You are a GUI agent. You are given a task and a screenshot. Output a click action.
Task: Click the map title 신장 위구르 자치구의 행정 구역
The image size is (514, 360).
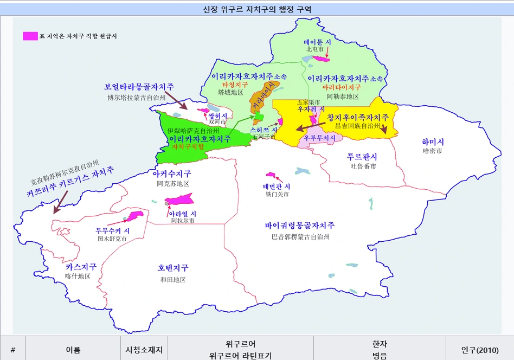pyautogui.click(x=256, y=9)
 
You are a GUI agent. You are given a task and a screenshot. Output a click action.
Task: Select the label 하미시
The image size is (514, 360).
pyautogui.click(x=433, y=142)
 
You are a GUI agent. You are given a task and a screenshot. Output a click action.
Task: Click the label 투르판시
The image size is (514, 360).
pyautogui.click(x=362, y=157)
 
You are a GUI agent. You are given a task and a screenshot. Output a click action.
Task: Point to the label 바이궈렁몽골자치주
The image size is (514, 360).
pyautogui.click(x=300, y=226)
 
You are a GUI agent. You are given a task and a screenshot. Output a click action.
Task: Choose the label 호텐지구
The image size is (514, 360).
pyautogui.click(x=173, y=268)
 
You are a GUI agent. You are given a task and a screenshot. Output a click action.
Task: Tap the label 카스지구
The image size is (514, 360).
pyautogui.click(x=81, y=267)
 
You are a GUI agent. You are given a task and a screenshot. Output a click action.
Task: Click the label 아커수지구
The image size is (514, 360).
pyautogui.click(x=171, y=173)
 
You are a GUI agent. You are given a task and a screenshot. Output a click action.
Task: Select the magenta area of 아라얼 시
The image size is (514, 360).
pyautogui.click(x=179, y=200)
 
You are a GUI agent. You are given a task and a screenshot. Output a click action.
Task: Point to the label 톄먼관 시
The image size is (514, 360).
pyautogui.click(x=277, y=186)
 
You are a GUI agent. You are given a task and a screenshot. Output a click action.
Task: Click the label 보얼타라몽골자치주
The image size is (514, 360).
pyautogui.click(x=139, y=87)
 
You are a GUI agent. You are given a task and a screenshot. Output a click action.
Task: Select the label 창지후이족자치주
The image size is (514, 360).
pyautogui.click(x=358, y=117)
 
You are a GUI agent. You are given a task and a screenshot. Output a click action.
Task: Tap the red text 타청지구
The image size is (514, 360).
pyautogui.click(x=235, y=85)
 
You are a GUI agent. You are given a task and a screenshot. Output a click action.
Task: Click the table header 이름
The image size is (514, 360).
pyautogui.click(x=73, y=350)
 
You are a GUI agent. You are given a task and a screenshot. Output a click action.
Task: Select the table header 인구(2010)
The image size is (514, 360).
pyautogui.click(x=479, y=350)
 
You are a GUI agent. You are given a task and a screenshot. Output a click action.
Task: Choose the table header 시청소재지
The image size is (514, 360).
pyautogui.click(x=144, y=350)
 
